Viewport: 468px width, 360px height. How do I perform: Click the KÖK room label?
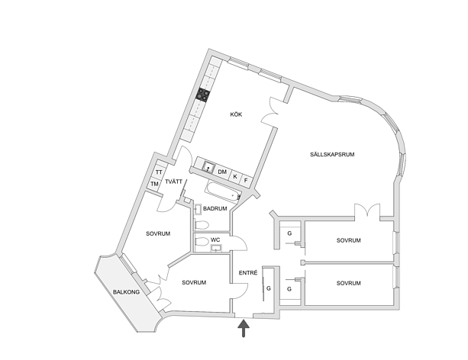click(236, 114)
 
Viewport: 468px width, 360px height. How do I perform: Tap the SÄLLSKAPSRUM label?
click(332, 155)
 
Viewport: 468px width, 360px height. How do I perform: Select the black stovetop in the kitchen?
click(202, 95)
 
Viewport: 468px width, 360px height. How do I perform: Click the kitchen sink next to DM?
click(208, 168)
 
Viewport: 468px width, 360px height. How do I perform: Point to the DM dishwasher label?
click(222, 172)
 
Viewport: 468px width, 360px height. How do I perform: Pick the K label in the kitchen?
click(235, 177)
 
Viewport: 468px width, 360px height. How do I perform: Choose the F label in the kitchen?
click(246, 180)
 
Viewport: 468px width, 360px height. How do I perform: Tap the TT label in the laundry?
click(159, 172)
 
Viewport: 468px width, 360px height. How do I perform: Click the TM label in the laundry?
click(154, 184)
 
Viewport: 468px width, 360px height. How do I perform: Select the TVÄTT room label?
click(173, 182)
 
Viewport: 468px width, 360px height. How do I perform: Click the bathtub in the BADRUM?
click(223, 191)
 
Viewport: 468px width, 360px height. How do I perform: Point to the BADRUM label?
click(215, 208)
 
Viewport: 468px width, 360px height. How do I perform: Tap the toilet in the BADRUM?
click(202, 224)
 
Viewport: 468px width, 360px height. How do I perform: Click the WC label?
click(215, 239)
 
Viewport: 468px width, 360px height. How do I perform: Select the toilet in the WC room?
click(202, 241)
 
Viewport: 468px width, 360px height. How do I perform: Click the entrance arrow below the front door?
click(244, 328)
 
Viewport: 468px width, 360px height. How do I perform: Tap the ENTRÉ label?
click(248, 273)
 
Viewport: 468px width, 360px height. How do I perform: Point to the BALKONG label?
click(126, 292)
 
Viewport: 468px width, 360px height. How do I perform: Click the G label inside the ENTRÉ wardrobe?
click(269, 288)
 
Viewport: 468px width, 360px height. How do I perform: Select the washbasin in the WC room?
click(216, 248)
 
